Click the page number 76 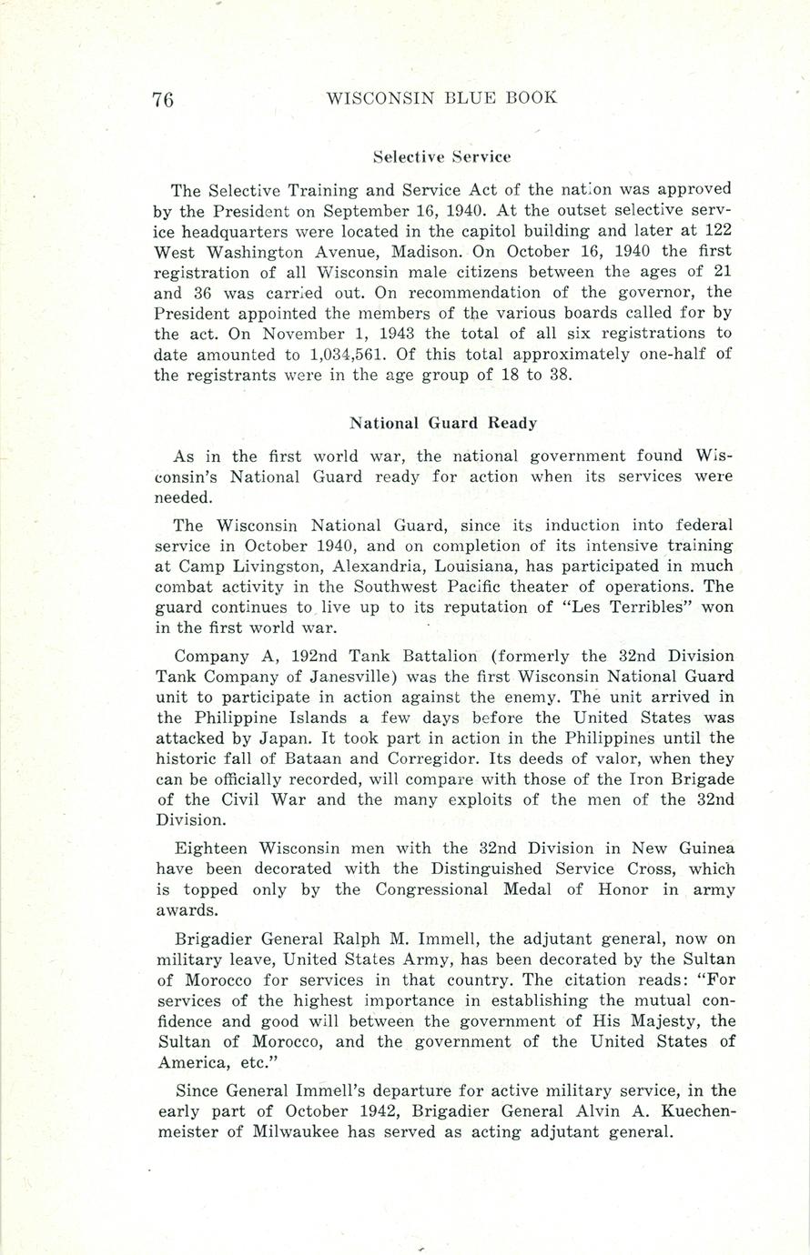coord(164,99)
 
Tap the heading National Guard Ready coord(443,423)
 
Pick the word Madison coord(431,250)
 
